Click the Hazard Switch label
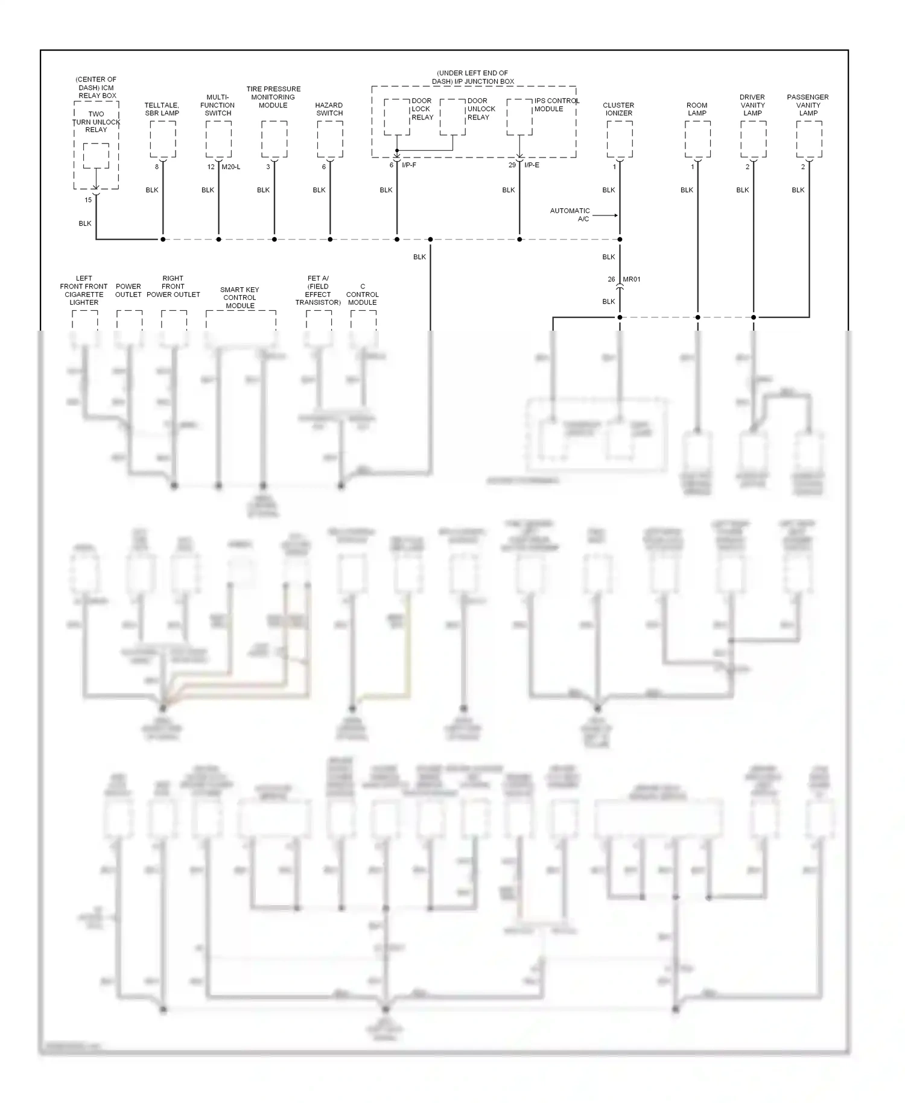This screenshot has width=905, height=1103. (x=329, y=109)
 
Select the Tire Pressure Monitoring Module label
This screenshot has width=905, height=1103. (x=273, y=97)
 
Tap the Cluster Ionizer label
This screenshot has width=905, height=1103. (x=618, y=109)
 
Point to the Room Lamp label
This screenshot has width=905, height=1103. (x=697, y=109)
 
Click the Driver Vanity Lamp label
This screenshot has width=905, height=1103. (x=752, y=105)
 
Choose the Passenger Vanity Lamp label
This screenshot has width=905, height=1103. (x=808, y=105)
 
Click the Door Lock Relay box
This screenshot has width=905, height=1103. (x=397, y=117)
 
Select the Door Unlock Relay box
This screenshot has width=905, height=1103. (x=453, y=117)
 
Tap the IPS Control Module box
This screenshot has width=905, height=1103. (x=519, y=117)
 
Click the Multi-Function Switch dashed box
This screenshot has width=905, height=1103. (x=218, y=139)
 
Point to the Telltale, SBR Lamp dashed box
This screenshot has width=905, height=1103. (x=163, y=139)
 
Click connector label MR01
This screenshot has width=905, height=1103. (x=632, y=279)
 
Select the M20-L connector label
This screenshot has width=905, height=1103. (x=230, y=167)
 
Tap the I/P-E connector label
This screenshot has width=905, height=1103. (x=532, y=165)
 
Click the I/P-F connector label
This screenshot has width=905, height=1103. (x=409, y=165)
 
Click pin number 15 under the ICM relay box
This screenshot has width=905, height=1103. (x=88, y=200)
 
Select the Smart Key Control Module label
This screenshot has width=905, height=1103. (x=240, y=297)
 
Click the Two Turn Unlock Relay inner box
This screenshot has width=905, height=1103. (x=96, y=156)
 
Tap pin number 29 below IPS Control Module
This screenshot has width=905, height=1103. (x=512, y=165)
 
